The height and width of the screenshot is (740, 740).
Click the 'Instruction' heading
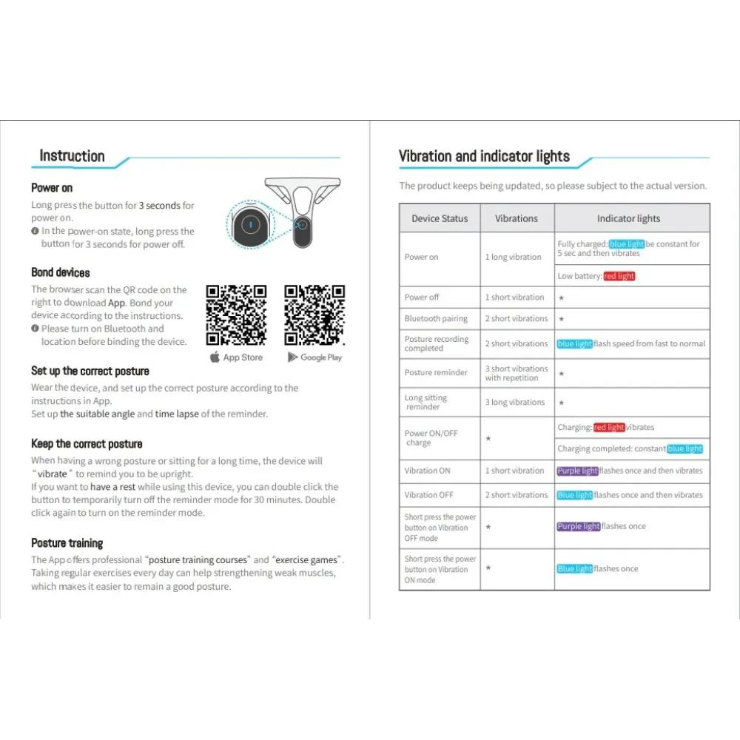[72, 156]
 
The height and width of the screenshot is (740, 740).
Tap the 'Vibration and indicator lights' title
[484, 156]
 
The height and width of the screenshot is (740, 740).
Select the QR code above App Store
[235, 315]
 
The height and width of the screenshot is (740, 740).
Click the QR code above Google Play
[314, 315]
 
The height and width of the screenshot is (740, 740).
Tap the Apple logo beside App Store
[215, 357]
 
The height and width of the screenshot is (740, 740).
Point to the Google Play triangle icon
[292, 357]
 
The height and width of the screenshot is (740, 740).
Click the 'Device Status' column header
[440, 218]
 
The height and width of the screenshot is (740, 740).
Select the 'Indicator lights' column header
[628, 218]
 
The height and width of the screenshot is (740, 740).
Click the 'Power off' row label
[422, 297]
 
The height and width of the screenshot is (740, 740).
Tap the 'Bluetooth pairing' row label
[436, 319]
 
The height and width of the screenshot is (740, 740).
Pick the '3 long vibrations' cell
[515, 403]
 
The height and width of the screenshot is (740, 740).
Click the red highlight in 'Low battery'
[619, 276]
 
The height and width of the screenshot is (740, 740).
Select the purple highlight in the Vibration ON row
[578, 471]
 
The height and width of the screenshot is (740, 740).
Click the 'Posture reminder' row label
[436, 373]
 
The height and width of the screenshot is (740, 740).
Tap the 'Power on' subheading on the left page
[52, 188]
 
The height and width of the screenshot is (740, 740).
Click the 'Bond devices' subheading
[61, 272]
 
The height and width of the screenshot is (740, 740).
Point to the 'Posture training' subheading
[67, 543]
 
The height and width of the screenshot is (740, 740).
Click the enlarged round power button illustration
[250, 223]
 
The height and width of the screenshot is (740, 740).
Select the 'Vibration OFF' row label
[428, 495]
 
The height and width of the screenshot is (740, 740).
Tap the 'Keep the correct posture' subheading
[87, 444]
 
